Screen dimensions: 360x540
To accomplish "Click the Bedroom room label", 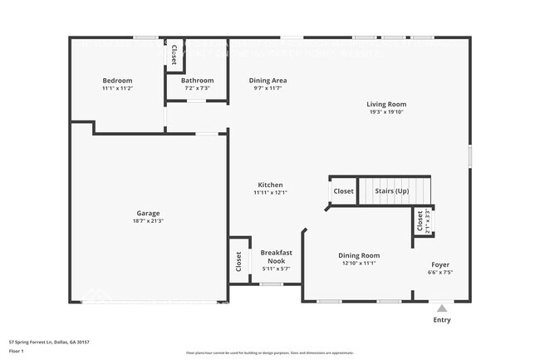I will click(x=117, y=81).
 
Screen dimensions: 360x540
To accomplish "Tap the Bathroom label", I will click(x=198, y=81).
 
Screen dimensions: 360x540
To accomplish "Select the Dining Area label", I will click(x=268, y=81).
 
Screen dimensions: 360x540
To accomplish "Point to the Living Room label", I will click(x=387, y=105).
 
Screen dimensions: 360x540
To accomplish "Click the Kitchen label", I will click(x=270, y=185).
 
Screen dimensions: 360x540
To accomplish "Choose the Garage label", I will click(x=148, y=213).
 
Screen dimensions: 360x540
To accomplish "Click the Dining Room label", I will click(x=359, y=255).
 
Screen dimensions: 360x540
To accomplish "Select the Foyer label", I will click(x=440, y=264).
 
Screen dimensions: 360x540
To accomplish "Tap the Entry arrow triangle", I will click(x=442, y=308).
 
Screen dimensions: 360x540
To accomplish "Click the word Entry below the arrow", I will click(x=442, y=319).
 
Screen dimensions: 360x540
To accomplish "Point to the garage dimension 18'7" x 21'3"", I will click(x=148, y=221).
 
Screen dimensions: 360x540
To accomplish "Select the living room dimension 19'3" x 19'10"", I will click(x=387, y=112).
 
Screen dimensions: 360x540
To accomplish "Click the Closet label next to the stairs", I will click(x=343, y=191).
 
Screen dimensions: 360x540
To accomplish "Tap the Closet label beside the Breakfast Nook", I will click(x=238, y=261).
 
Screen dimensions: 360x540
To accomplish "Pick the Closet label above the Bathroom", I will click(x=174, y=55).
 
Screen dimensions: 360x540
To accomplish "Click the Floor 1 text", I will click(x=16, y=351).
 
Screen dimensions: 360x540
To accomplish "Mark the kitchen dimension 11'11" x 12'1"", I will click(x=270, y=193).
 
